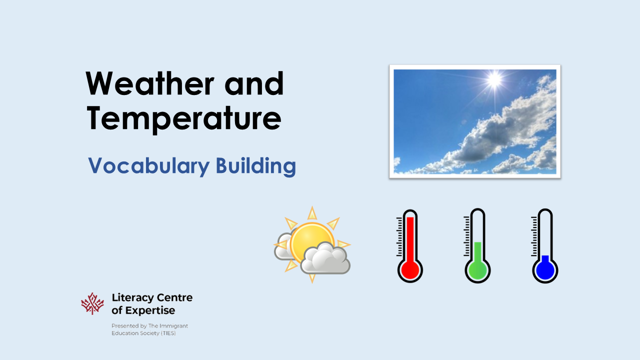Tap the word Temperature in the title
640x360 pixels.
(184, 119)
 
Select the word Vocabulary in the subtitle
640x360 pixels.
(148, 166)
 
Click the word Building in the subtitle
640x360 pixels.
(255, 166)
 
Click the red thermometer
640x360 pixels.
(410, 245)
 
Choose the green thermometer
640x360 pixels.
(477, 245)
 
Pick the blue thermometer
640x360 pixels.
(544, 245)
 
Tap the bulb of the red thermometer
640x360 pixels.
(410, 270)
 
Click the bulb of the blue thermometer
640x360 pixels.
(544, 270)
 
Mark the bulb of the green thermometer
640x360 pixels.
(477, 270)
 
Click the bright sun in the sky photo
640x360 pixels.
(494, 79)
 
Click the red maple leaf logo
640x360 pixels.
(92, 303)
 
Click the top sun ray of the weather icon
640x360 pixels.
(312, 213)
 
